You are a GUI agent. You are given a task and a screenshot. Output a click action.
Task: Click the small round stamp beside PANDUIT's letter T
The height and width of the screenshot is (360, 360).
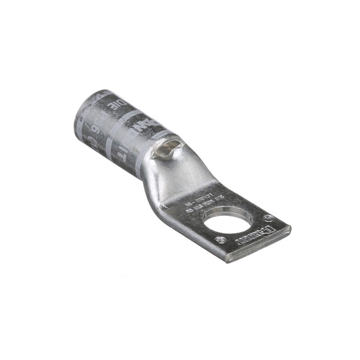click(x=220, y=240)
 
